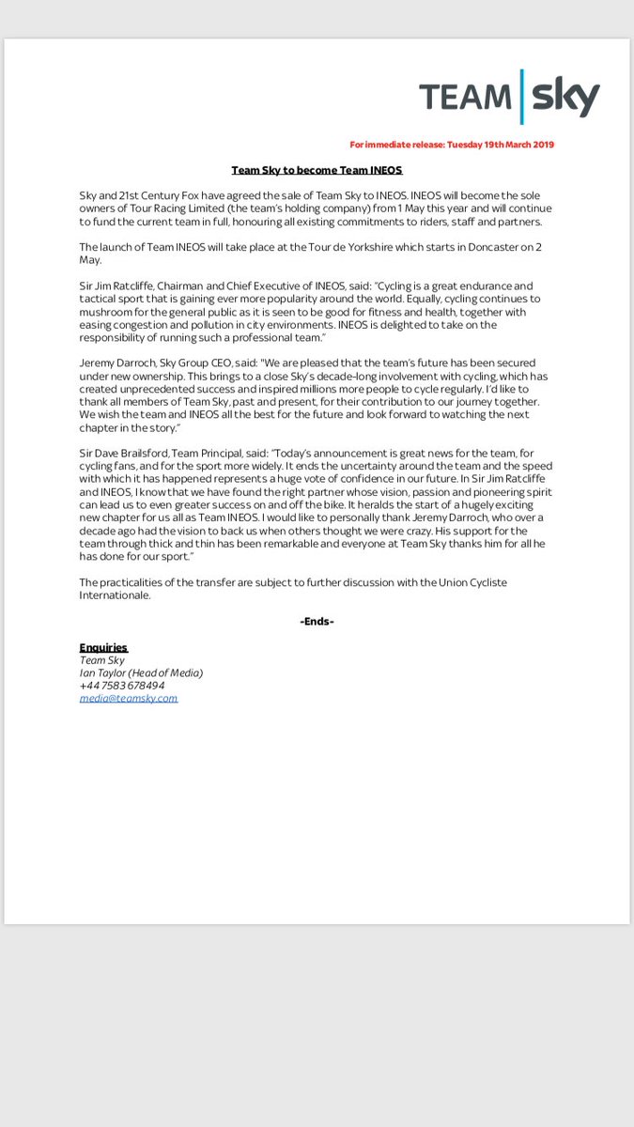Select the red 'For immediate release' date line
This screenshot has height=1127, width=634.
point(452,145)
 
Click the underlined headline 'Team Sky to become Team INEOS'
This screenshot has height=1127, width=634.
point(317,170)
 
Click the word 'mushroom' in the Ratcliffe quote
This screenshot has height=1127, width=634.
point(110,299)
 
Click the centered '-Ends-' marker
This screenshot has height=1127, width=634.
point(317,622)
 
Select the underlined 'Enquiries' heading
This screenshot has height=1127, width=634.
point(103,648)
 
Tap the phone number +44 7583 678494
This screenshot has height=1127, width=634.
point(122,686)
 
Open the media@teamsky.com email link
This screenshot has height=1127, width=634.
point(129,698)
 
